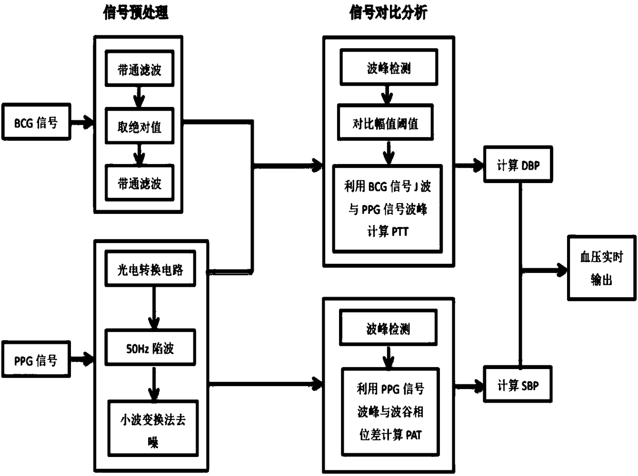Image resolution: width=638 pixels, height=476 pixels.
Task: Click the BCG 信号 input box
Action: pyautogui.click(x=37, y=122)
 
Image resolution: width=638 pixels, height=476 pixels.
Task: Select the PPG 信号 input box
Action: pyautogui.click(x=36, y=359)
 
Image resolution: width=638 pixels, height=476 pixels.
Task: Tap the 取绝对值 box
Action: pyautogui.click(x=139, y=126)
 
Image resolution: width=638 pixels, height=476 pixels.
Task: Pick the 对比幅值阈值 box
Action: pyautogui.click(x=385, y=122)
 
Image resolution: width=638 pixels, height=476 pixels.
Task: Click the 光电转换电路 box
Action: pyautogui.click(x=150, y=269)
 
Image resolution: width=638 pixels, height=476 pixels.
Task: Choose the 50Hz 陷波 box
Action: pyautogui.click(x=150, y=347)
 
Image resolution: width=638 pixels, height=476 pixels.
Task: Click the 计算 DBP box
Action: pyautogui.click(x=518, y=164)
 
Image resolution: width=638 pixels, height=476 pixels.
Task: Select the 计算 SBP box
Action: pyautogui.click(x=518, y=384)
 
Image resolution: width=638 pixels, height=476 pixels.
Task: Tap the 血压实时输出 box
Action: pyautogui.click(x=602, y=268)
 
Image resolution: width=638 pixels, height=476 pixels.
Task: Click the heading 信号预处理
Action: pyautogui.click(x=136, y=13)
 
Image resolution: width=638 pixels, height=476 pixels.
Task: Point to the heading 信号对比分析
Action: pyautogui.click(x=388, y=13)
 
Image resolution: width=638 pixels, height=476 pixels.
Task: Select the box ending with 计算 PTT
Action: pyautogui.click(x=388, y=209)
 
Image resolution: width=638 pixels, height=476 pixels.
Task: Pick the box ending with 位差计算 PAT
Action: pyautogui.click(x=390, y=412)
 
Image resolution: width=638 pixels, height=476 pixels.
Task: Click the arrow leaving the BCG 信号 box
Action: pyautogui.click(x=82, y=122)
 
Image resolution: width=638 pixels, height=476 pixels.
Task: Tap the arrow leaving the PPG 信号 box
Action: pyautogui.click(x=82, y=359)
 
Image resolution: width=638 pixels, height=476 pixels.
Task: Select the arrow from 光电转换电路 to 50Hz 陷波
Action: pyautogui.click(x=154, y=308)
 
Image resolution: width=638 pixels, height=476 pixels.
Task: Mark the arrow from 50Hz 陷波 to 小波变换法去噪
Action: pyautogui.click(x=154, y=383)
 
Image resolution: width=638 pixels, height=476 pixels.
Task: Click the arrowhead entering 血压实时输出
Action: pyautogui.click(x=561, y=270)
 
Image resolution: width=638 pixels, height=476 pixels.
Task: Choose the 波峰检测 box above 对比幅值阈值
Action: pyautogui.click(x=389, y=67)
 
